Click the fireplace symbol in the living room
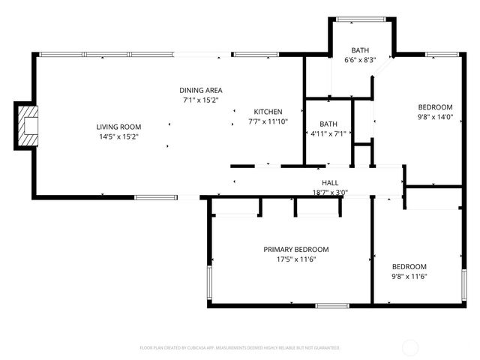point(28,127)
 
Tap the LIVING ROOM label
point(118,127)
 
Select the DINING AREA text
point(200,90)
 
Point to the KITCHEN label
point(268,111)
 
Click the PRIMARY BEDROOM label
point(295,249)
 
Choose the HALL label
point(330,182)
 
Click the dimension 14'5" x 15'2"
point(118,136)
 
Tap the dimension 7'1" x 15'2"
point(200,100)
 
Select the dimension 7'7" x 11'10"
point(268,121)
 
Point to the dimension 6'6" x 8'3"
point(359,60)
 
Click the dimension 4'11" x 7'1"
point(328,134)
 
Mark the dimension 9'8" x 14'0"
point(436,116)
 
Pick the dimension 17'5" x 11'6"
point(295,259)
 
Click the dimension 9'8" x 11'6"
point(409,276)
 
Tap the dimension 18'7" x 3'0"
point(330,192)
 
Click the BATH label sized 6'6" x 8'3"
point(359,50)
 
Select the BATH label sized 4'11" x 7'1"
point(328,124)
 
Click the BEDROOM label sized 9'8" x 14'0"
point(436,106)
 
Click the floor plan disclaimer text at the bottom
point(240,348)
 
